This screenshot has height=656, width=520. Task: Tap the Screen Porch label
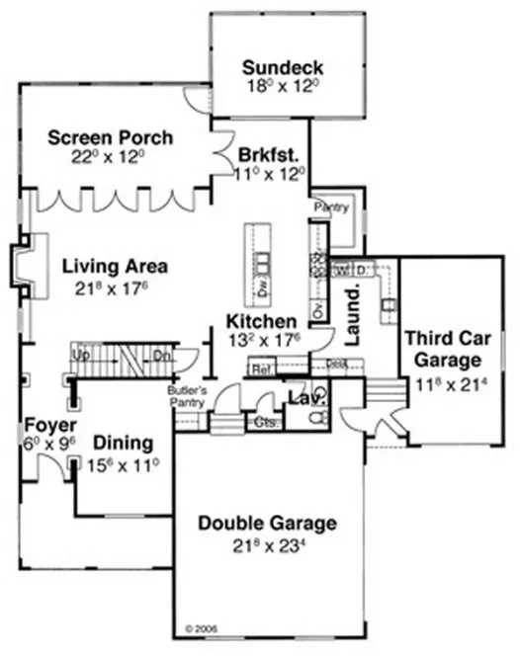(111, 136)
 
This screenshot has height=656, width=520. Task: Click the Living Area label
(115, 266)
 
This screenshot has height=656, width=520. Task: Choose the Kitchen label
(261, 322)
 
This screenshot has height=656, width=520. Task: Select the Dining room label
(123, 442)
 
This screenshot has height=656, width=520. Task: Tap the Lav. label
(300, 397)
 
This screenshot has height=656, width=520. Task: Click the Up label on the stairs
(82, 352)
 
